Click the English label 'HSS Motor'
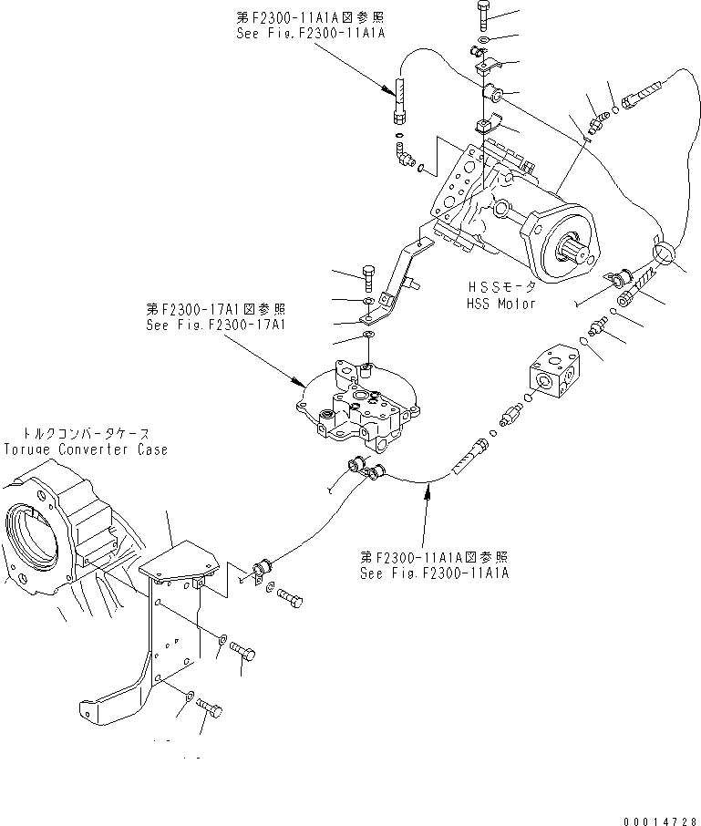(x=500, y=304)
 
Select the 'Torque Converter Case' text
(x=86, y=449)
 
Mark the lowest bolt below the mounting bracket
(x=209, y=707)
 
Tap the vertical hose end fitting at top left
(x=400, y=101)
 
